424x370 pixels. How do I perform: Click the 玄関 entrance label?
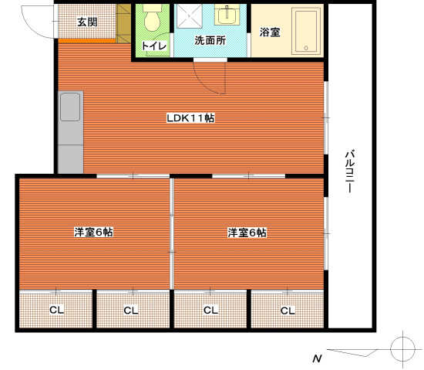point(86,22)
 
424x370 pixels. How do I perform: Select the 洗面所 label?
point(210,40)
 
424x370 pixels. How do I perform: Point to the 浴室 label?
point(270,33)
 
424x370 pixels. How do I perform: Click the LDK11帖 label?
point(190,118)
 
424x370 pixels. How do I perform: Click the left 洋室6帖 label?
point(93,232)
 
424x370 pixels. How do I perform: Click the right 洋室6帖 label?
point(247,232)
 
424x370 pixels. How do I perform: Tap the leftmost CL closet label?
point(56,311)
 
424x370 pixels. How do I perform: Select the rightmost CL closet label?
point(288,311)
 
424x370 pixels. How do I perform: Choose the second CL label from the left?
point(131,311)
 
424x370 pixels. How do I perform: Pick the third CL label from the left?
point(210,311)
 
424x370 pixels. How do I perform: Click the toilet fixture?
point(152,19)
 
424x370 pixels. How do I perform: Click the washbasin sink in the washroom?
point(227,15)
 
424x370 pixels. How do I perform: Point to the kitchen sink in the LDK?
point(70,106)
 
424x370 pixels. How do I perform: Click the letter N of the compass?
point(316,358)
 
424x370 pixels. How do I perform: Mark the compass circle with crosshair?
point(402,348)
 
